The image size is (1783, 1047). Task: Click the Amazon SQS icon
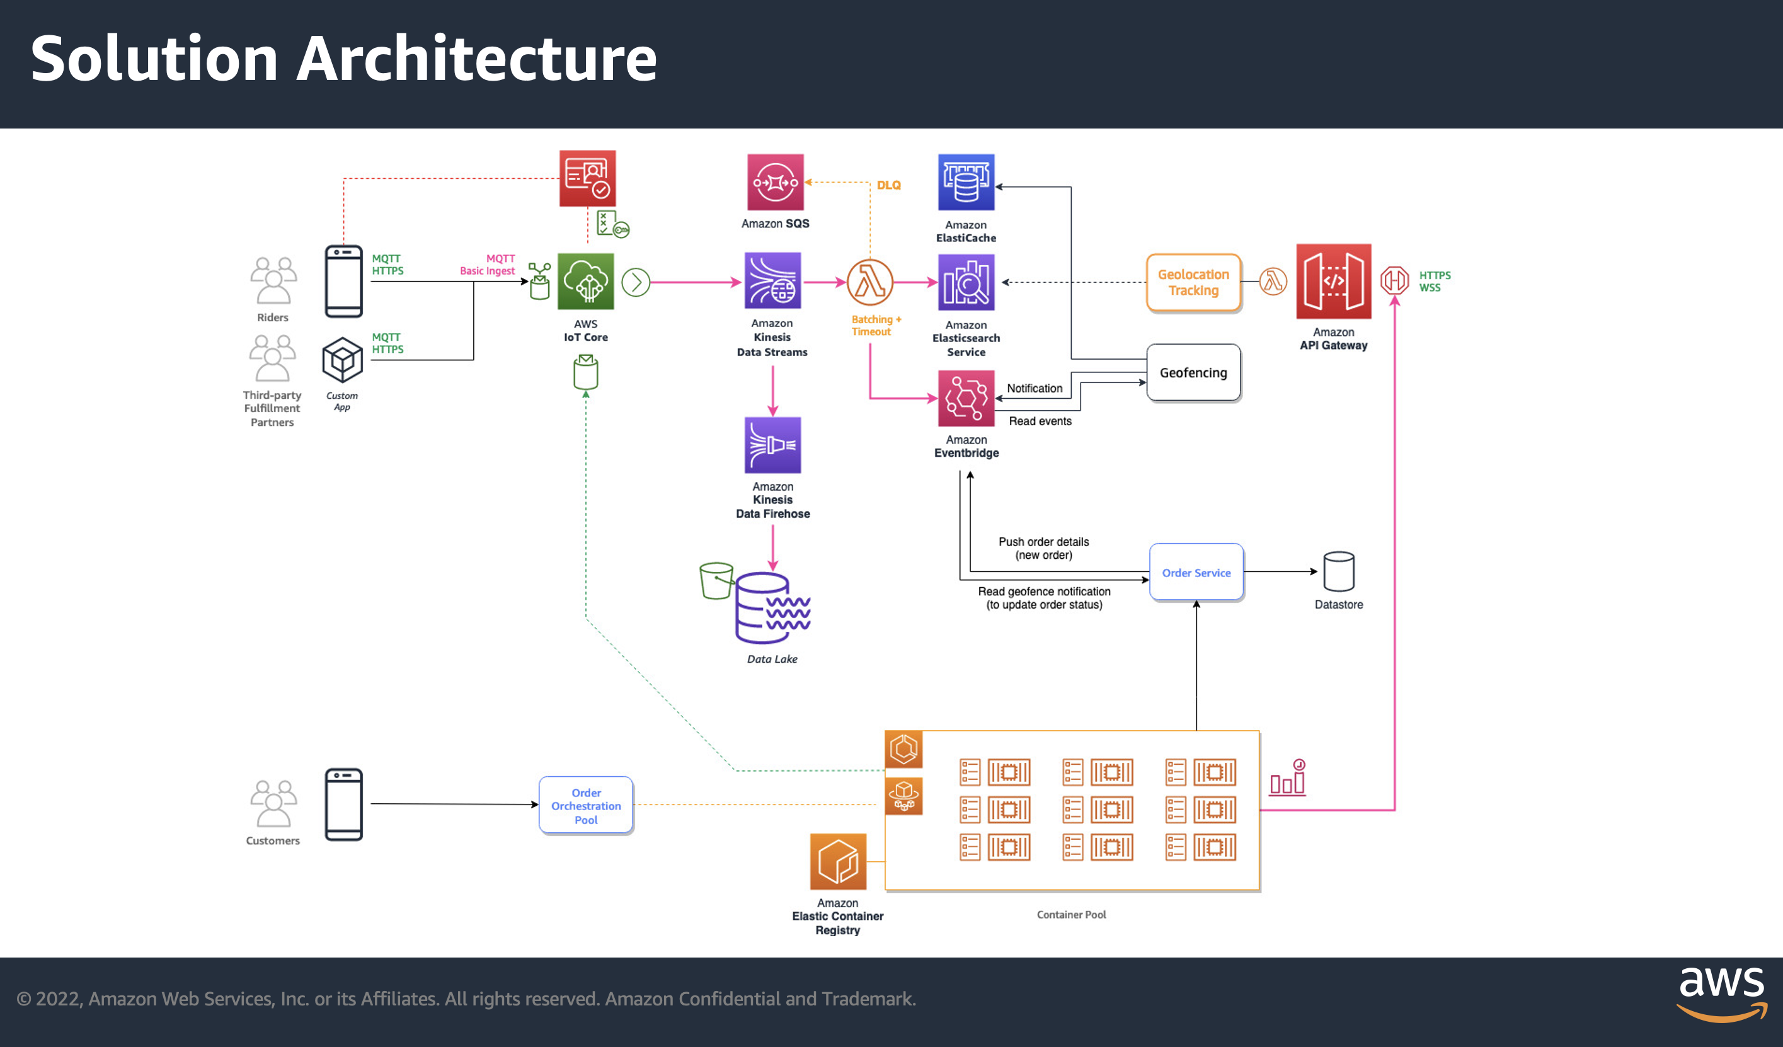point(775,182)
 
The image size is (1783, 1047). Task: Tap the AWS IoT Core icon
point(585,282)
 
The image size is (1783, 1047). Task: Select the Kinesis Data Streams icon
point(772,281)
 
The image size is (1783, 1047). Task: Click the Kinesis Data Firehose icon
point(772,445)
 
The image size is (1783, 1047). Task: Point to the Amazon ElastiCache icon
point(966,182)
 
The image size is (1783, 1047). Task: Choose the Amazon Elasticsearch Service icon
point(966,282)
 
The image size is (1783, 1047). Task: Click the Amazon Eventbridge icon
point(966,398)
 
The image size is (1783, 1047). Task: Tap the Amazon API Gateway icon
point(1333,282)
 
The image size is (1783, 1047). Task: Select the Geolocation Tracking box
point(1194,282)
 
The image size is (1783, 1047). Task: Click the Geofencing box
point(1194,373)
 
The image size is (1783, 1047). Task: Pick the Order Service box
point(1196,572)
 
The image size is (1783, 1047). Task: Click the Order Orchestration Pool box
point(586,805)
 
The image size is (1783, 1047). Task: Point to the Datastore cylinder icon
point(1339,571)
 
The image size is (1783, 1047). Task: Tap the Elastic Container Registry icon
point(838,862)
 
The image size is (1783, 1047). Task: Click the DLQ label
point(889,185)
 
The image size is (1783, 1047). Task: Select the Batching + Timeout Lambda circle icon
point(869,282)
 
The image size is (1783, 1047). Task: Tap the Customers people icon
point(273,804)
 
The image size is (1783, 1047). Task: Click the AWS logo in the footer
point(1721,994)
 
